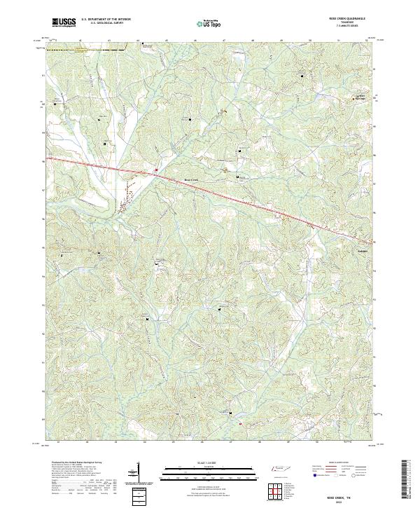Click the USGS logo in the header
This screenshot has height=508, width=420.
click(x=64, y=22)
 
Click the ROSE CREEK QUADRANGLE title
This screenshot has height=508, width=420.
click(x=348, y=19)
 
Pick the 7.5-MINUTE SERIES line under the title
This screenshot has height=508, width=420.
click(x=348, y=26)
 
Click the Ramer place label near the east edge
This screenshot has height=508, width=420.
click(x=362, y=249)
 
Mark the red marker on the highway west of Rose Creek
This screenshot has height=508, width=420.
click(x=156, y=170)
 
